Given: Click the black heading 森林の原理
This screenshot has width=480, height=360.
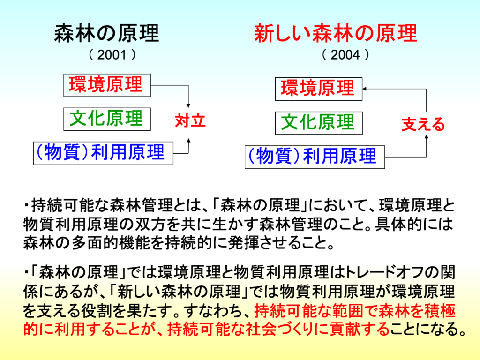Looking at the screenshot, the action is pyautogui.click(x=106, y=33).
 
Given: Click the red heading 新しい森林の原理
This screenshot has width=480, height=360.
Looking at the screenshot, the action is pyautogui.click(x=336, y=33).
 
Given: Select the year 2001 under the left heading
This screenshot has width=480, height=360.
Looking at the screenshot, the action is pyautogui.click(x=112, y=55).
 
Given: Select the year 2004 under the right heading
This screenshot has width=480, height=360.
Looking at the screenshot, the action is pyautogui.click(x=345, y=55).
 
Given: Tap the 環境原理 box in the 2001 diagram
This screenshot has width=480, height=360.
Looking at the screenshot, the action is pyautogui.click(x=107, y=85).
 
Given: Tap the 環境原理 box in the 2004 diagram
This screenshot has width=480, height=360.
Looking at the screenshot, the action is pyautogui.click(x=319, y=89).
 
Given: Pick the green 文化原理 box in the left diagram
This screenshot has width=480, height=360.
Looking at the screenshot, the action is pyautogui.click(x=107, y=119).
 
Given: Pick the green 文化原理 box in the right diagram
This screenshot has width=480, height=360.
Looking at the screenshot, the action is pyautogui.click(x=319, y=123).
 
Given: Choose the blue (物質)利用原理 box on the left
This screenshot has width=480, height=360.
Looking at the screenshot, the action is pyautogui.click(x=103, y=153).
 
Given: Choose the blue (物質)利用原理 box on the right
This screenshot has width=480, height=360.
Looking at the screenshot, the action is pyautogui.click(x=315, y=157).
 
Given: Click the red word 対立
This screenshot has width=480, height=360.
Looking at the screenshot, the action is pyautogui.click(x=190, y=120).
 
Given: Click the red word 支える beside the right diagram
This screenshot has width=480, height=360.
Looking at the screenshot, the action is pyautogui.click(x=423, y=124).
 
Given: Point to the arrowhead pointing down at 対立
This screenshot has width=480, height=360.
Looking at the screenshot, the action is pyautogui.click(x=188, y=105).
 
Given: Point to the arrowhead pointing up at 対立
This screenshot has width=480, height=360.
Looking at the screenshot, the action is pyautogui.click(x=188, y=141).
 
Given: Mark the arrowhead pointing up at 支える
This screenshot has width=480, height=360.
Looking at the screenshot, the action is pyautogui.click(x=427, y=136).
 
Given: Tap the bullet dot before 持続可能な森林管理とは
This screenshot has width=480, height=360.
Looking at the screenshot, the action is pyautogui.click(x=27, y=205).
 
